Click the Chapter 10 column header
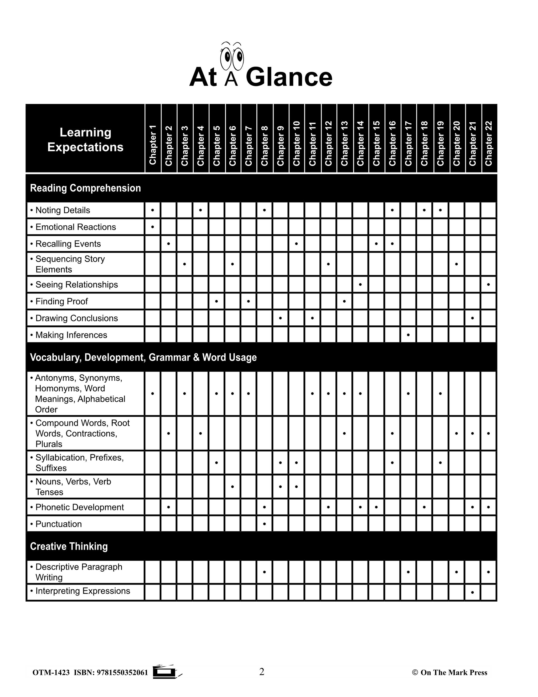click(296, 143)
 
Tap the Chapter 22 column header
click(489, 143)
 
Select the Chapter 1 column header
click(153, 145)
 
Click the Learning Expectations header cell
click(85, 139)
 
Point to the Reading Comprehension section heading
click(85, 188)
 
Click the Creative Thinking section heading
click(69, 546)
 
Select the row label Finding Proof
click(61, 301)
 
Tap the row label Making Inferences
click(71, 335)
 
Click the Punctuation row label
click(58, 524)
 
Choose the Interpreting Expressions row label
click(82, 591)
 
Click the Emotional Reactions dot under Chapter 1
click(153, 227)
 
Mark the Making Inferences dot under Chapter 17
click(408, 335)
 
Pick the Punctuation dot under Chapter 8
click(265, 524)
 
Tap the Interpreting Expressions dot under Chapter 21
click(473, 592)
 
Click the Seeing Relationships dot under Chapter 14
click(360, 284)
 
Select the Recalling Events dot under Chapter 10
click(296, 244)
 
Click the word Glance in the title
click(289, 77)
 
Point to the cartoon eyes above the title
click(232, 57)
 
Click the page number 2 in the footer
click(262, 672)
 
